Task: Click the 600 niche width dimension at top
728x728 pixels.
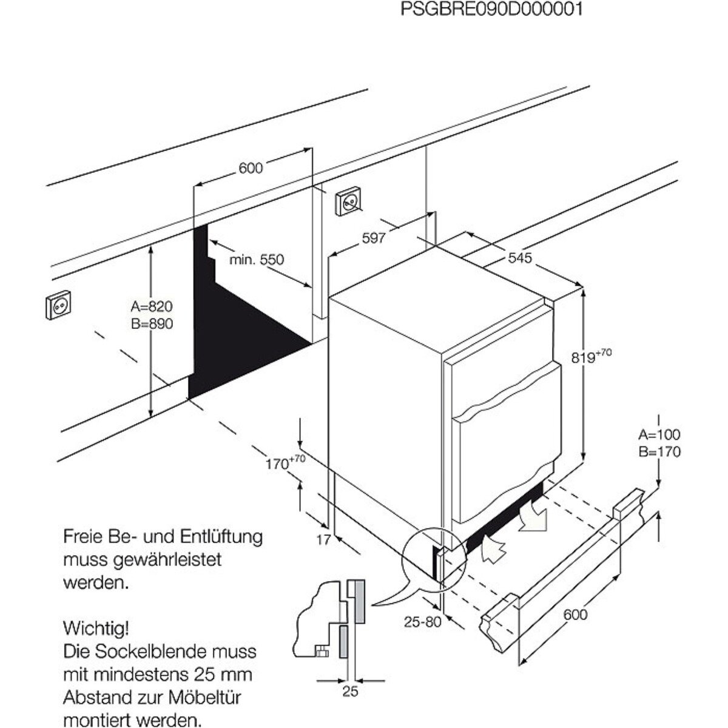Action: point(250,168)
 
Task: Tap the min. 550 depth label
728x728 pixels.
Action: point(257,260)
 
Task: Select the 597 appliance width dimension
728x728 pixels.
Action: point(374,238)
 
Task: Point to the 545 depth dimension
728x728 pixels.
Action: point(519,258)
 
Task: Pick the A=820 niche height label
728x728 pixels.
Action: point(152,306)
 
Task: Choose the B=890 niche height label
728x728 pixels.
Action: point(152,324)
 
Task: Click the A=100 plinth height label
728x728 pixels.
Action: point(659,434)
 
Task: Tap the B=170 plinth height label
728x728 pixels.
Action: point(659,451)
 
